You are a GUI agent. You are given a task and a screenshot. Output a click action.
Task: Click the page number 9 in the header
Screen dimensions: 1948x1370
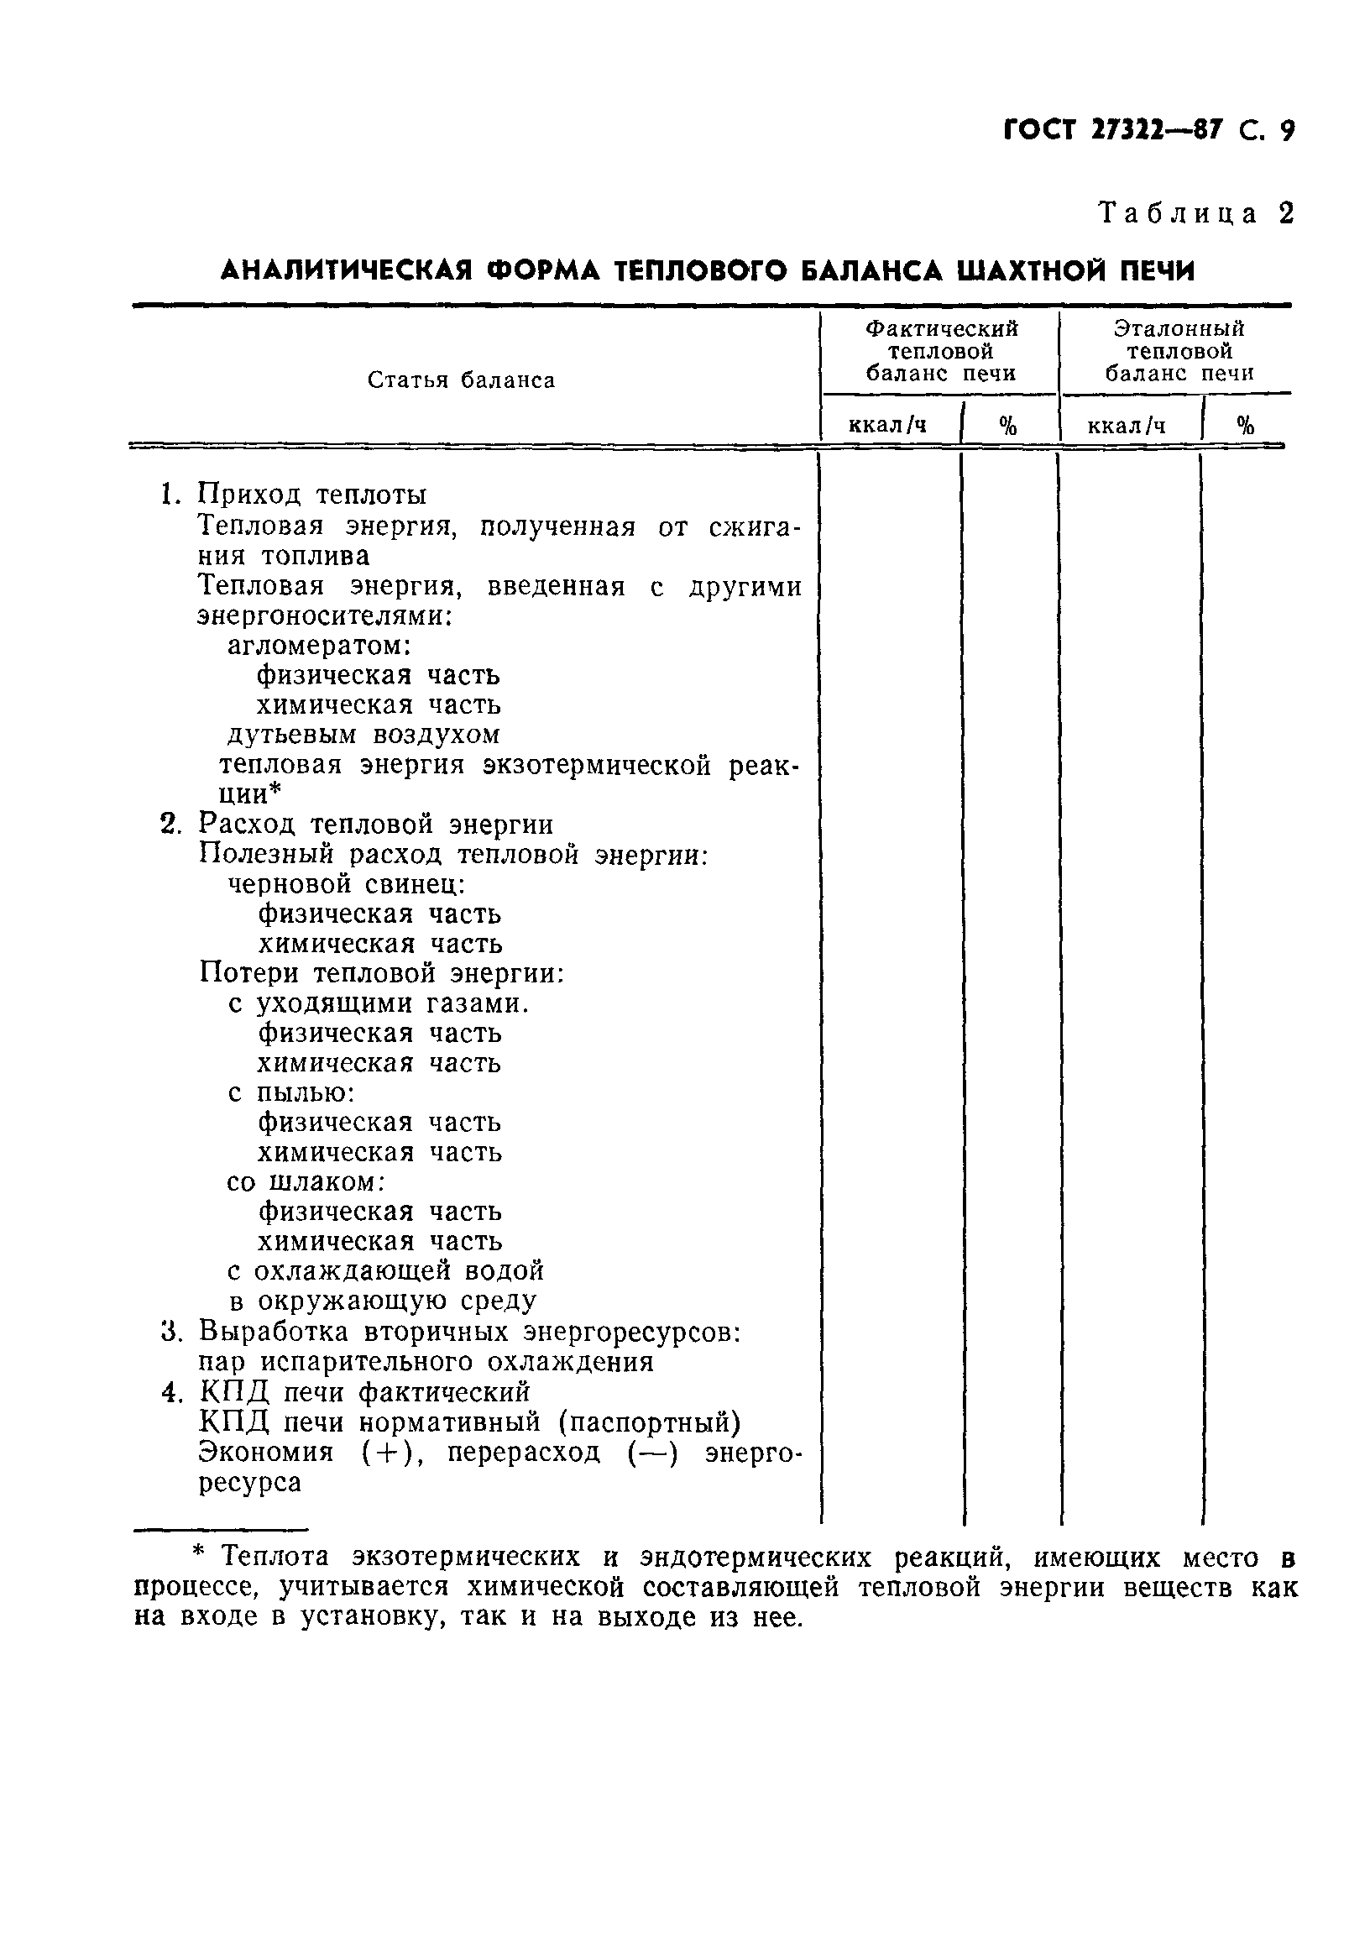click(1286, 132)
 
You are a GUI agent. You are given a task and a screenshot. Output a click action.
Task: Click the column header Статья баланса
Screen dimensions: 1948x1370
click(461, 380)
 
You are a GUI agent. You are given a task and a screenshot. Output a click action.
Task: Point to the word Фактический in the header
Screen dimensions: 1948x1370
click(941, 328)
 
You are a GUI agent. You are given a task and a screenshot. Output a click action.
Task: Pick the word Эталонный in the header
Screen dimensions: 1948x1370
click(1179, 328)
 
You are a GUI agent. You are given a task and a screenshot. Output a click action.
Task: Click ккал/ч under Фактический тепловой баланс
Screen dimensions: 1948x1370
click(887, 425)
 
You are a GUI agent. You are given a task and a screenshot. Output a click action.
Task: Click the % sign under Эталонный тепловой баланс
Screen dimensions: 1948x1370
click(1245, 425)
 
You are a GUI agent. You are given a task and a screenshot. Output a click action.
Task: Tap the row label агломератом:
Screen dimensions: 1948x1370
click(319, 646)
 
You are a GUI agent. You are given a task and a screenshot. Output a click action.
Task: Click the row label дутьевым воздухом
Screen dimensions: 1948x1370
click(364, 734)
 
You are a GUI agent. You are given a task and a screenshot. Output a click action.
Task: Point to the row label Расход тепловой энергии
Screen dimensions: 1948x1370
click(375, 824)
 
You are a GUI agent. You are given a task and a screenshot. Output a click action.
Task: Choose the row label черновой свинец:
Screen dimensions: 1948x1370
click(346, 884)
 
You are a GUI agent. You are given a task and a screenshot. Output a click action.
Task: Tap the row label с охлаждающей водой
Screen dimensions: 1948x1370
click(386, 1271)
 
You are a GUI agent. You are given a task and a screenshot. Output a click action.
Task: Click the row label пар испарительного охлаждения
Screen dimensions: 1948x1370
click(426, 1362)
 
